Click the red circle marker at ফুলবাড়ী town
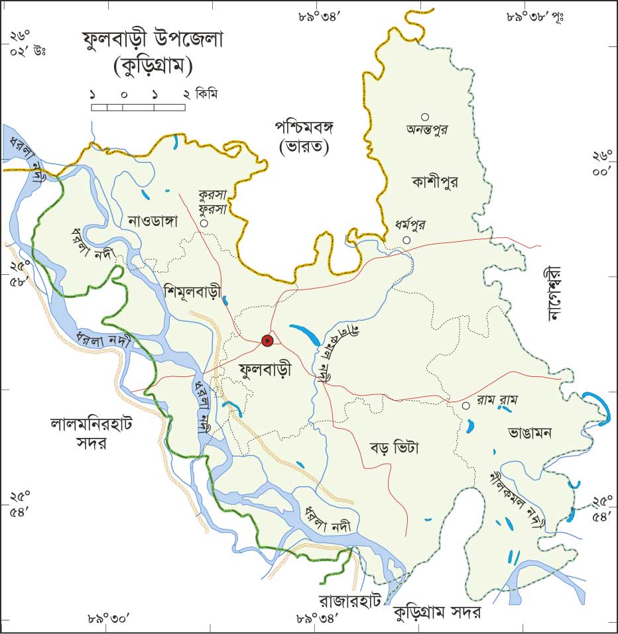click(x=267, y=341)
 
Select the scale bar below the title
click(x=138, y=106)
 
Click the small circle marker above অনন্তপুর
click(x=425, y=117)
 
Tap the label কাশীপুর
click(x=435, y=180)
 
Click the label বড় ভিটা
click(x=395, y=447)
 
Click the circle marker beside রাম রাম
click(x=466, y=405)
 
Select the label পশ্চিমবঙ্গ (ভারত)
click(x=304, y=136)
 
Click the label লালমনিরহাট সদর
click(x=92, y=433)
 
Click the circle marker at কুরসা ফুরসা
click(x=204, y=224)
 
